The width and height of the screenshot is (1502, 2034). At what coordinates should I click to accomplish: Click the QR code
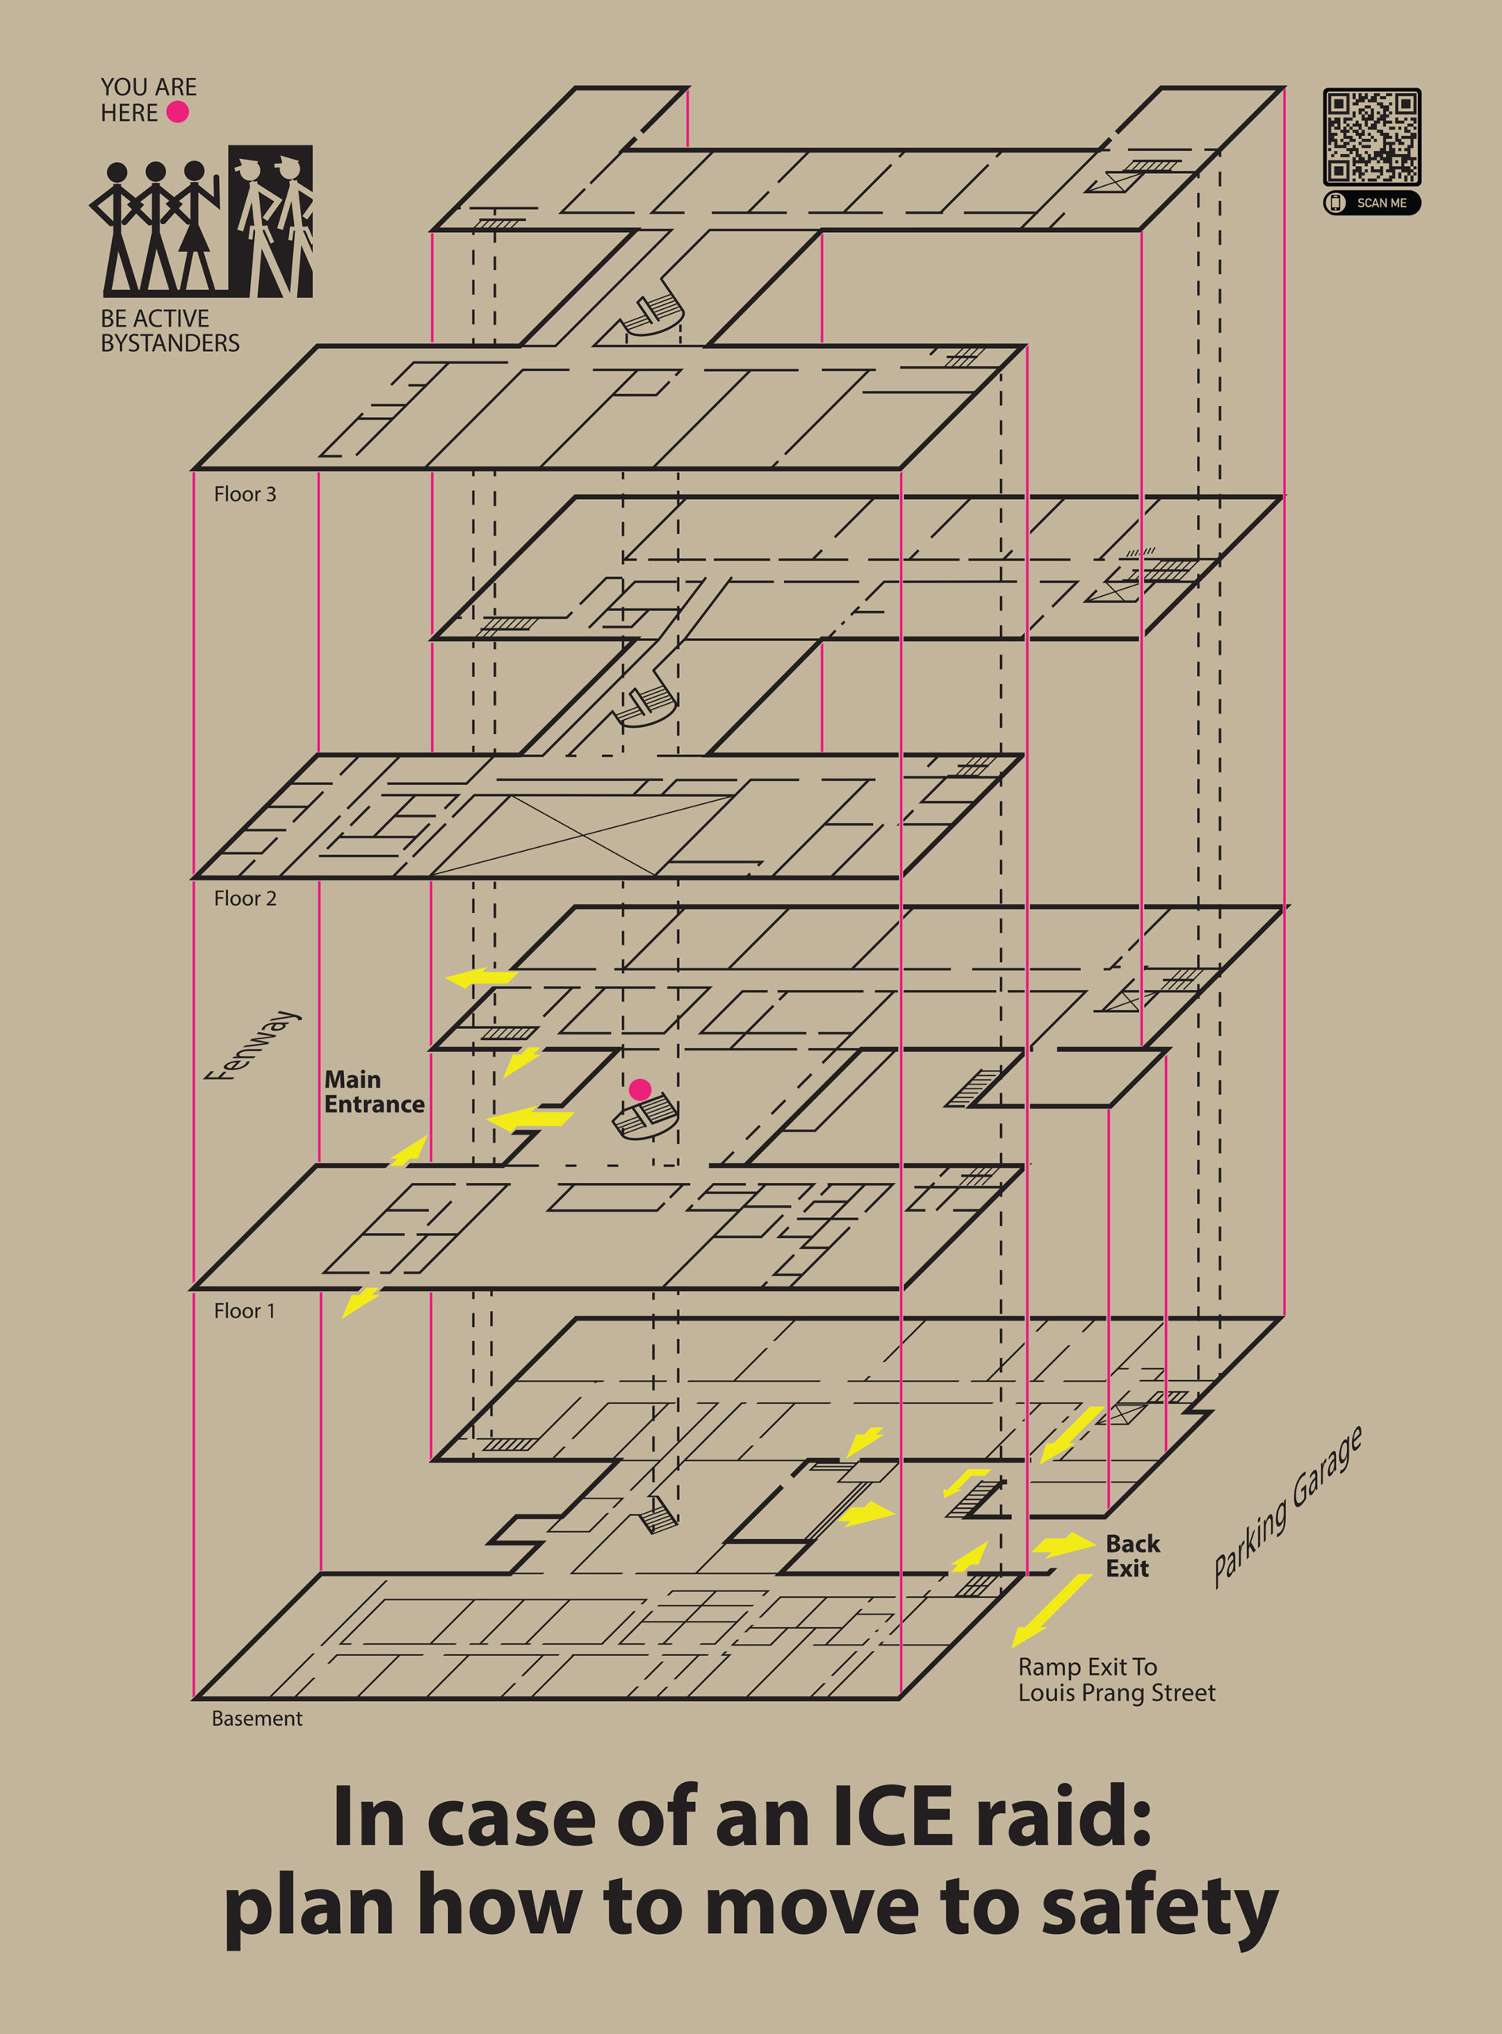(1371, 137)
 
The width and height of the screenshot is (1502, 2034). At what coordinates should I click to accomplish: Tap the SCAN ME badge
(1371, 203)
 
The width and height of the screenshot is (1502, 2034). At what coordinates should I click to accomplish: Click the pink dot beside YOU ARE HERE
(177, 112)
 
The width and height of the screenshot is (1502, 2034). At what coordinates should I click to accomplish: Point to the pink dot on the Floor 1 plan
(640, 1089)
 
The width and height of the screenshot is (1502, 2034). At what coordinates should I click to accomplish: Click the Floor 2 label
(245, 899)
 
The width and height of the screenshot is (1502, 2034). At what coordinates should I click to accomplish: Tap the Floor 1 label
(244, 1311)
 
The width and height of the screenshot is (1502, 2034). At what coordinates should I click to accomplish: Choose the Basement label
(257, 1719)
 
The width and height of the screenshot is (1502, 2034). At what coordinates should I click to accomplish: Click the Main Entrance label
(373, 1092)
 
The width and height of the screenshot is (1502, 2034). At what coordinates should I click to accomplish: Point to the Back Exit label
(1132, 1556)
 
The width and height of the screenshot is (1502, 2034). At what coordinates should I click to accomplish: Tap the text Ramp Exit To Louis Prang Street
(1116, 1680)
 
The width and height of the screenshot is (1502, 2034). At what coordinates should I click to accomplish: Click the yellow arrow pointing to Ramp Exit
(1051, 1611)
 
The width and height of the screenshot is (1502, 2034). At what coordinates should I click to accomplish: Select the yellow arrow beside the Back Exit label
(1064, 1544)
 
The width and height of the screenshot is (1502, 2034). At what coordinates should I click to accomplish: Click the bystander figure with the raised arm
(196, 227)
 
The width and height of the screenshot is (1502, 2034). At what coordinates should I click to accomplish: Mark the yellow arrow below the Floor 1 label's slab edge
(360, 1302)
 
